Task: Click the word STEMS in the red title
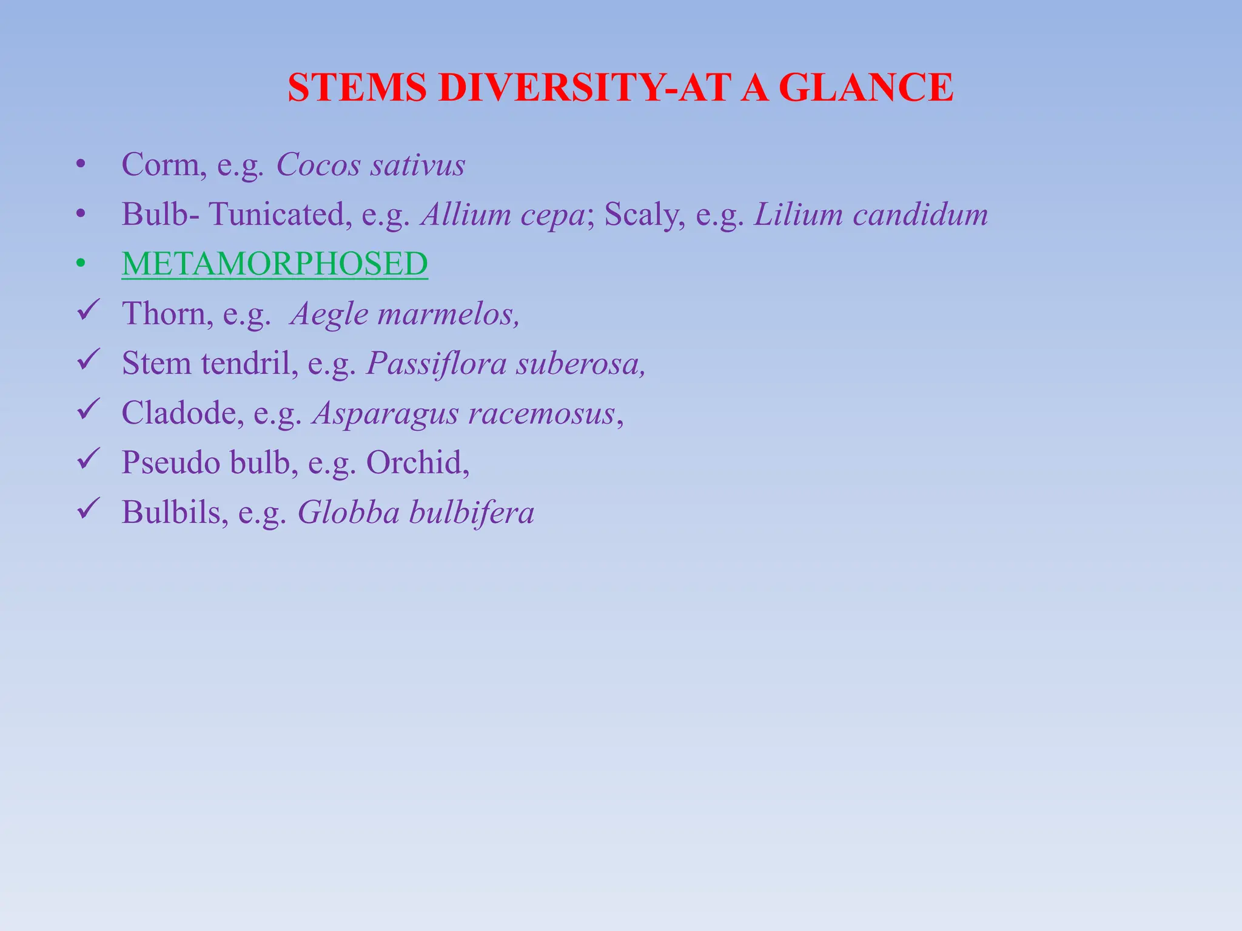[x=357, y=88]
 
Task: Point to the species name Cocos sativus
[x=371, y=165]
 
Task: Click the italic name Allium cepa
[x=503, y=215]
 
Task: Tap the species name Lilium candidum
[x=871, y=215]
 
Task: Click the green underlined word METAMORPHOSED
[x=275, y=264]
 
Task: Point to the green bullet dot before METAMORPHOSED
[x=81, y=264]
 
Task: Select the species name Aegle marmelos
[x=404, y=314]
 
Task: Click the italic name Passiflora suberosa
[x=505, y=364]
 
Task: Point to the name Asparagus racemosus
[x=464, y=413]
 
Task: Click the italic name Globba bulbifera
[x=416, y=513]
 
